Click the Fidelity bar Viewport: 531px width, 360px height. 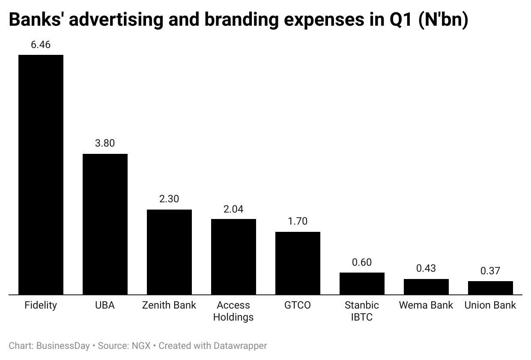[x=41, y=175]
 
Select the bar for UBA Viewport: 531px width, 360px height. [x=105, y=224]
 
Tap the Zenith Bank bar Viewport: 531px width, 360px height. [x=169, y=252]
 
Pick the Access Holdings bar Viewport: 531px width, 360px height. [x=233, y=257]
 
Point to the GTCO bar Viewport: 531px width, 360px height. [x=298, y=263]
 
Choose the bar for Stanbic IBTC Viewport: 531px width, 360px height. [x=362, y=284]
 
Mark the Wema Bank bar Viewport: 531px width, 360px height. [x=426, y=287]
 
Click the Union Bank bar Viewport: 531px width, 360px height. [x=490, y=288]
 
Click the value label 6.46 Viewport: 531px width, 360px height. [x=41, y=44]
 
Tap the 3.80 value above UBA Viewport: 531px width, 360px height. [x=105, y=143]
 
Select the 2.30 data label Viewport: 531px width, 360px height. [x=169, y=199]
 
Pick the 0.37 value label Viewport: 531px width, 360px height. [x=490, y=271]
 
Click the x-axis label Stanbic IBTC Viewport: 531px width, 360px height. [x=362, y=311]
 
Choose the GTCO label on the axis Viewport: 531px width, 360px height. [x=298, y=305]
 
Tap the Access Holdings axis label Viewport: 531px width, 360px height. [x=233, y=311]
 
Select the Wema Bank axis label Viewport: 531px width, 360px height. [x=426, y=305]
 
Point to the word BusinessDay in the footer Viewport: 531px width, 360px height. [x=63, y=345]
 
